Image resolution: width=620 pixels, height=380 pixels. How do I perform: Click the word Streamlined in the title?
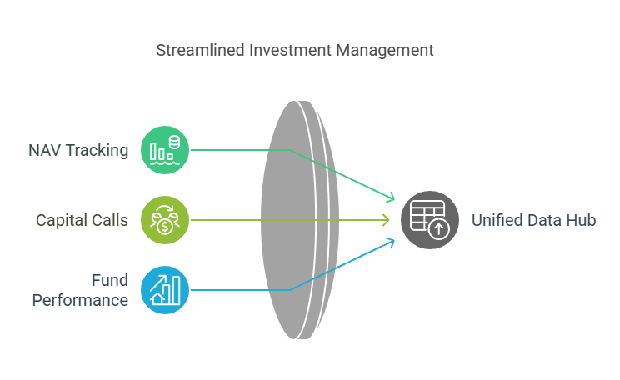(x=201, y=51)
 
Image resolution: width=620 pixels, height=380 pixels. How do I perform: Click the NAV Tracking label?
(x=78, y=150)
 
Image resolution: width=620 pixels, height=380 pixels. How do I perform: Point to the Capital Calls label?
(x=82, y=220)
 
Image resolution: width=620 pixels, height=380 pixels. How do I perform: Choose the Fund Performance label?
(x=80, y=290)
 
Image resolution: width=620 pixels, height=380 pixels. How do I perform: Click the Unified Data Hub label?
(x=534, y=220)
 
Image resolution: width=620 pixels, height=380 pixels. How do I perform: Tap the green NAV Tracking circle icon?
(x=165, y=150)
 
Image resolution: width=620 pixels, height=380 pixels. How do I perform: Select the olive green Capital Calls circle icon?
(x=165, y=220)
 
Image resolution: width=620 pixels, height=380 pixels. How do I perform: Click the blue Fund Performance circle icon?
(x=165, y=290)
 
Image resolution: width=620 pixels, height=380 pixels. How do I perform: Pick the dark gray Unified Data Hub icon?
(x=430, y=220)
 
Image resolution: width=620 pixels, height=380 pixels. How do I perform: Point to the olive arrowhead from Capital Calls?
(x=387, y=220)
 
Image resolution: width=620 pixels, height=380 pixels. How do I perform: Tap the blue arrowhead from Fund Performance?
(x=391, y=242)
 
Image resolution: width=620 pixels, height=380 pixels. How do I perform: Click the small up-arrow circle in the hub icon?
(x=439, y=229)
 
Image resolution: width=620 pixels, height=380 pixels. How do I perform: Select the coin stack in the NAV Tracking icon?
(x=174, y=142)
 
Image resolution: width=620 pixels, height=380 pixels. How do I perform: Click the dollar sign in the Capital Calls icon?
(x=165, y=227)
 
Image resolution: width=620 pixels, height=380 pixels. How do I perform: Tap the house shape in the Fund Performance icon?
(x=157, y=297)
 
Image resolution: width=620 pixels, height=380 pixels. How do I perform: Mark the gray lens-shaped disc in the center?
(x=299, y=220)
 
